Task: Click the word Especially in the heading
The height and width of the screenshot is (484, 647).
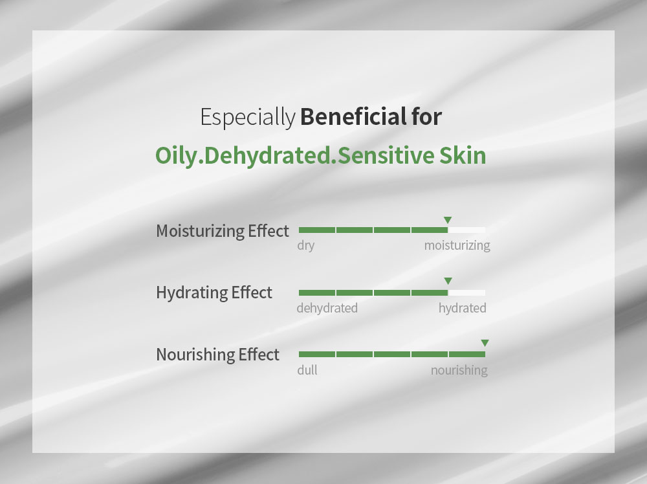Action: [248, 117]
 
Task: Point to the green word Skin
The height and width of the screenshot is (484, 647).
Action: [463, 155]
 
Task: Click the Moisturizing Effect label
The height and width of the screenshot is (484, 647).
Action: [223, 230]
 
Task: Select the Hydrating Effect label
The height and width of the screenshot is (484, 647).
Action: [214, 292]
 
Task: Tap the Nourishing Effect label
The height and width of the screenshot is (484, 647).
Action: [217, 355]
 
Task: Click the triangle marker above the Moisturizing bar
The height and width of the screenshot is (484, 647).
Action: [448, 220]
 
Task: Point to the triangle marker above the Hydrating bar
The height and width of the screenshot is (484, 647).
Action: [448, 281]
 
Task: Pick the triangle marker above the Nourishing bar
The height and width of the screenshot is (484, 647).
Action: [485, 343]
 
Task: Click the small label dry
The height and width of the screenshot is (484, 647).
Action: [306, 245]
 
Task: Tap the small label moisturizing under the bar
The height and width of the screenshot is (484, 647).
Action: [457, 245]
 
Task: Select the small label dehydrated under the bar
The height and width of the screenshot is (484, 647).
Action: [327, 308]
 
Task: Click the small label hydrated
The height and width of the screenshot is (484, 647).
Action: [462, 308]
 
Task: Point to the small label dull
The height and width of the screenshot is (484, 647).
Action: [307, 369]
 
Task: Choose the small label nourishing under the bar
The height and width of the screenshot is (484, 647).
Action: [459, 370]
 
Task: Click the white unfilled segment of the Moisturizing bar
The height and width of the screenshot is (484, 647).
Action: [466, 230]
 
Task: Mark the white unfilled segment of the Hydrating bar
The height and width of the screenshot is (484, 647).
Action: [466, 292]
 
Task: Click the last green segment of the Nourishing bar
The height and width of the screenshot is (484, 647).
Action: [466, 354]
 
